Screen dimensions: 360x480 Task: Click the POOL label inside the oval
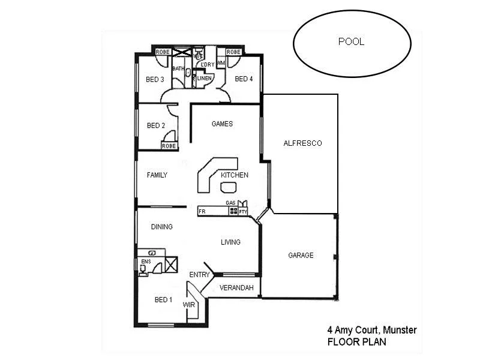coord(351,42)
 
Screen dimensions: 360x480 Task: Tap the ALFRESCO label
coord(302,143)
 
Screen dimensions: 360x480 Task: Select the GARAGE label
coord(301,256)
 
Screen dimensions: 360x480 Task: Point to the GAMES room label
coord(222,124)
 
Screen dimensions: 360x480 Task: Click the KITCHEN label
coord(234,175)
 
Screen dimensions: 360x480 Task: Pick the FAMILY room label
coord(157,175)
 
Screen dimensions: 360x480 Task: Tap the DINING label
coord(161,227)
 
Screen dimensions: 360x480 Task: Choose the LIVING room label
coord(230,242)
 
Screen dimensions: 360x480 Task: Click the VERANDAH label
coord(236,288)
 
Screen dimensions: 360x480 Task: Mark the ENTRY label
coord(199,275)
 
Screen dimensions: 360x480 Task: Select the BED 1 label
coord(163,300)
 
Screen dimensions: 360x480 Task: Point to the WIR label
coord(189,305)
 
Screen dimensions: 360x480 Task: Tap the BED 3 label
coord(155,79)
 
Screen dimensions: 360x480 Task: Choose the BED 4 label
coord(244,79)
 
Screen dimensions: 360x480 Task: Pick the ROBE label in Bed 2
coord(169,146)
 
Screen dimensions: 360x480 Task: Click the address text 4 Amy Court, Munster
coord(372,330)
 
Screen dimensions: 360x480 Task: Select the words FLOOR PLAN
coord(356,342)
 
